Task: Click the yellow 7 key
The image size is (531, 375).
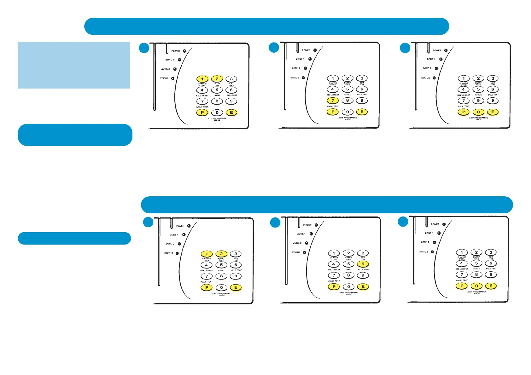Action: coord(333,101)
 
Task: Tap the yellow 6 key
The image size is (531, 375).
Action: coord(363,264)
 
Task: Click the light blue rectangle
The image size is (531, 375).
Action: coord(74,65)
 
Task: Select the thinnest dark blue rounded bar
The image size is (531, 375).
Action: coord(74,238)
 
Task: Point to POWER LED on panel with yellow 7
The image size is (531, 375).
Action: coord(315,50)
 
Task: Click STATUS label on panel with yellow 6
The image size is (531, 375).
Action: coord(296,252)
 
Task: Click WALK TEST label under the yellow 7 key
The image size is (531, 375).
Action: coord(333,106)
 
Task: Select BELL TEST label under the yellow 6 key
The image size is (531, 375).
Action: coord(363,269)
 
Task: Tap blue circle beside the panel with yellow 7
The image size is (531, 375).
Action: coord(274,48)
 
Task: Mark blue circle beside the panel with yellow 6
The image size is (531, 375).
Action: coord(275,222)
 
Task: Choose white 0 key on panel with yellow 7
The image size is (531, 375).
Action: coord(347,112)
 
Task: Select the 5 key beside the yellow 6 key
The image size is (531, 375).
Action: coord(348,264)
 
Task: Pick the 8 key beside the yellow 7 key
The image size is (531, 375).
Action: coord(347,101)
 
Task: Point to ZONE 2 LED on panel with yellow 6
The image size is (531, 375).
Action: coord(306,243)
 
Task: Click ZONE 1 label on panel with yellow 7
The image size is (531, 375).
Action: coord(300,59)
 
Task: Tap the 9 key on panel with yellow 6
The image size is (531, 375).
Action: coord(363,275)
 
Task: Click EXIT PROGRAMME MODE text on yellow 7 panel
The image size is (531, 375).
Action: coord(347,118)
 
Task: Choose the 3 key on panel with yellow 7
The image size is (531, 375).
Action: coord(362,78)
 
